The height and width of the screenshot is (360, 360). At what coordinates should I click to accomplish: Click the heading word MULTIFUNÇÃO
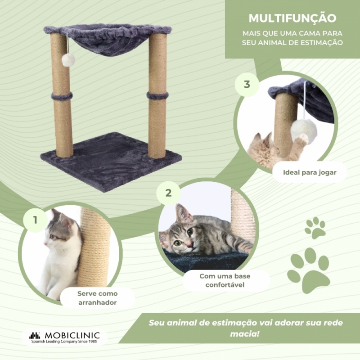coord(292,18)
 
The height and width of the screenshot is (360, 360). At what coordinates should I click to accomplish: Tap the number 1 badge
coord(35,220)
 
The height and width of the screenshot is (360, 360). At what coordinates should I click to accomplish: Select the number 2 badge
coord(168,193)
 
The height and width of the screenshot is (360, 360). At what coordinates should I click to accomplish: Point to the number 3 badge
coord(247,84)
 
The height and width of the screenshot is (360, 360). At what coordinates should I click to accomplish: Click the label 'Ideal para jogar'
coord(310,172)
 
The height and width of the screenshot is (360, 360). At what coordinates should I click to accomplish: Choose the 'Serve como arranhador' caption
coord(97,298)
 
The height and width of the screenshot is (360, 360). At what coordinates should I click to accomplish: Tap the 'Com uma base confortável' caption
coord(225,280)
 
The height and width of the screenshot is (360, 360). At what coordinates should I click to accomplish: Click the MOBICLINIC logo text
coord(72,335)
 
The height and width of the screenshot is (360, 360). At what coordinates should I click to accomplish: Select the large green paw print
coord(308,271)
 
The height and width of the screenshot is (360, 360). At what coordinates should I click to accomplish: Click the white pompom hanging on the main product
coord(68,60)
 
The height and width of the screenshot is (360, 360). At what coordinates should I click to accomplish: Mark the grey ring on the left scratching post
coord(62,96)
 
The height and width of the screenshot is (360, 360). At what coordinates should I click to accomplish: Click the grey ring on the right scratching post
coord(157,95)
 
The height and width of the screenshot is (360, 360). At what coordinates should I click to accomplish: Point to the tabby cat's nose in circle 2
coord(190,246)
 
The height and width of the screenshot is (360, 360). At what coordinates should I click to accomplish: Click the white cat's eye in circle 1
coord(52,237)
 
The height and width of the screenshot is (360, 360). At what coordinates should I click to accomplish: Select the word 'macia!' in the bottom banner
coord(245,333)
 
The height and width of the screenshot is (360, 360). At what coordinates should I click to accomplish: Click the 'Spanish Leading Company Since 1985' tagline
coord(64,342)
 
